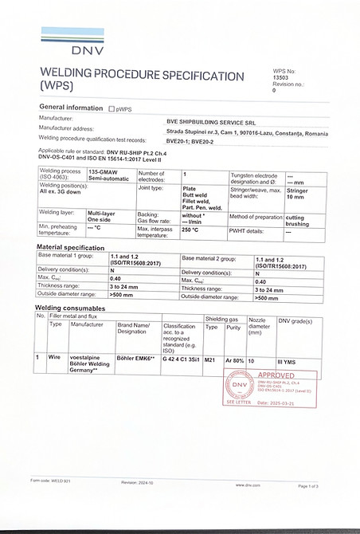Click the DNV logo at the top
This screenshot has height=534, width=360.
coord(66,42)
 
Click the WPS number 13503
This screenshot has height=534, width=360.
coord(281,77)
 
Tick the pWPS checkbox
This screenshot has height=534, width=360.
coord(112,108)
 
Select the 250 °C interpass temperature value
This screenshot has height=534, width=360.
coord(190,230)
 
